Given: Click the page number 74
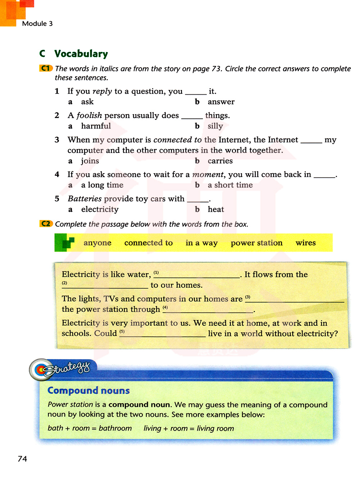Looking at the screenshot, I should coord(22,459).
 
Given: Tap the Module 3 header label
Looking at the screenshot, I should coord(37,24).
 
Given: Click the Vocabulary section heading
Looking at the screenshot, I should coord(81,54).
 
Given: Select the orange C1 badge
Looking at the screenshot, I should coord(46,68).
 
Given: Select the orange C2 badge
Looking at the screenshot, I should coord(46,224).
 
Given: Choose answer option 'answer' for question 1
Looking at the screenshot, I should coord(221,102).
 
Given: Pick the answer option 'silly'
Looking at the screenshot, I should coord(215,126).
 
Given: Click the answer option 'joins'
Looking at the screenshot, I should coord(90,161).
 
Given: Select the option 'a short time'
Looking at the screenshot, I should coord(230,185).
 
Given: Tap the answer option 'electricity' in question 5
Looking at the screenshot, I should coord(100,210).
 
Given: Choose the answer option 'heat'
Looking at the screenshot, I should coord(216,210).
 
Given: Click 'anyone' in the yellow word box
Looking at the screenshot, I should coord(97,243).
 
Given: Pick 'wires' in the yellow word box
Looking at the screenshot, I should coord(305,243).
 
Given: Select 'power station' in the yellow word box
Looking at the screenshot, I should coord(256,243).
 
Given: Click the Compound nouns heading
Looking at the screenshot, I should coord(89,391).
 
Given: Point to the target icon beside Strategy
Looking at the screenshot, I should coord(41,369).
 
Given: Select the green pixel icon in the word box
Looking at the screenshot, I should coord(65,243).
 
